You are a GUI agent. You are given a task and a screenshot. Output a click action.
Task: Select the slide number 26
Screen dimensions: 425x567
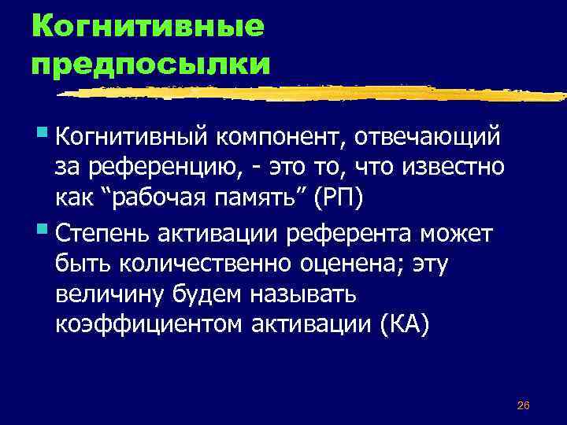(x=523, y=405)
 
